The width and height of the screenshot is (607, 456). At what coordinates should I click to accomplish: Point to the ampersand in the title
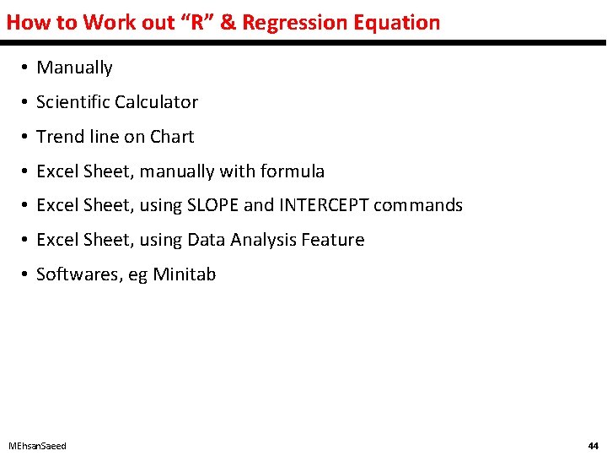(x=228, y=23)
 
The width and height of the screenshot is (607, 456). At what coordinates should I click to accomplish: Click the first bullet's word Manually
(x=74, y=68)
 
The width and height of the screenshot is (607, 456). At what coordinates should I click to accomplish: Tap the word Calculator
(x=157, y=102)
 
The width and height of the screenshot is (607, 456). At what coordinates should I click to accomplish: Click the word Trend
(x=58, y=137)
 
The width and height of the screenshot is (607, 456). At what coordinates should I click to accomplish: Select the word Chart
(x=172, y=137)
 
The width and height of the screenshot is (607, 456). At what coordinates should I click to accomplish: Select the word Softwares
(x=78, y=274)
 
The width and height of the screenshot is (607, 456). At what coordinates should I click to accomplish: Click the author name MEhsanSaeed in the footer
(x=37, y=446)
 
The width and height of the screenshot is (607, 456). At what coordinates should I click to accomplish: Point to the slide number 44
(x=593, y=446)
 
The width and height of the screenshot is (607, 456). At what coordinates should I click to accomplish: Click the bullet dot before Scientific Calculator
(x=27, y=102)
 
